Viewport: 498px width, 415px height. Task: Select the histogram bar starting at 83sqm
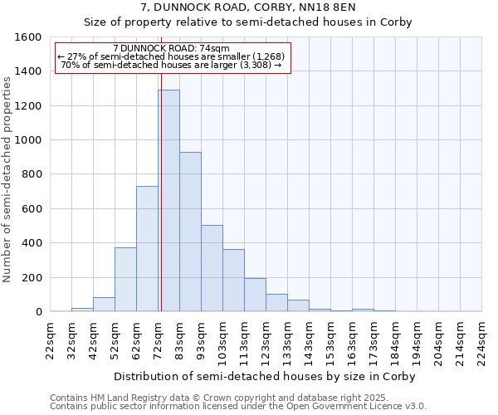(x=190, y=232)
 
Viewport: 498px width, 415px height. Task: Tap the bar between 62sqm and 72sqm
(x=147, y=249)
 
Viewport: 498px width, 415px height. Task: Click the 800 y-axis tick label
(x=32, y=174)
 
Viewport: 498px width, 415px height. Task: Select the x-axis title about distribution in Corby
(x=266, y=376)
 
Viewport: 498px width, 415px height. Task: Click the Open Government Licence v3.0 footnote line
(x=238, y=407)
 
